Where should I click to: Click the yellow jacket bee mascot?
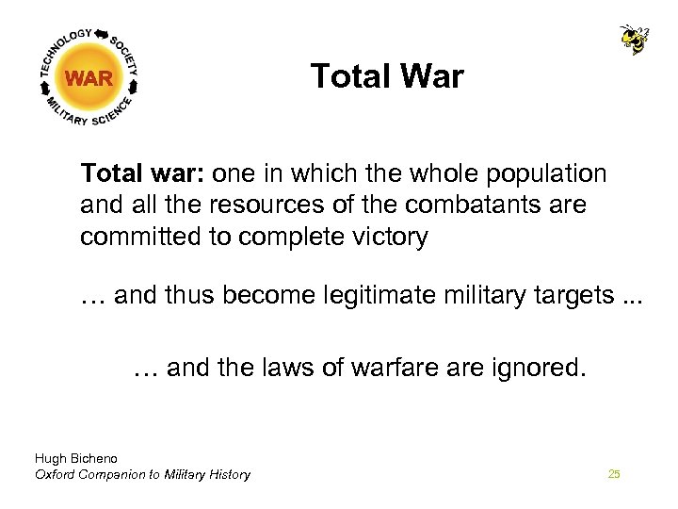click(634, 39)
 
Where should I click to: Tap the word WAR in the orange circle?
click(89, 79)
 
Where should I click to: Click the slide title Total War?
click(387, 76)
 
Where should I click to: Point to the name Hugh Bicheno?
click(75, 459)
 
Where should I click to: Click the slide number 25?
click(614, 474)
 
